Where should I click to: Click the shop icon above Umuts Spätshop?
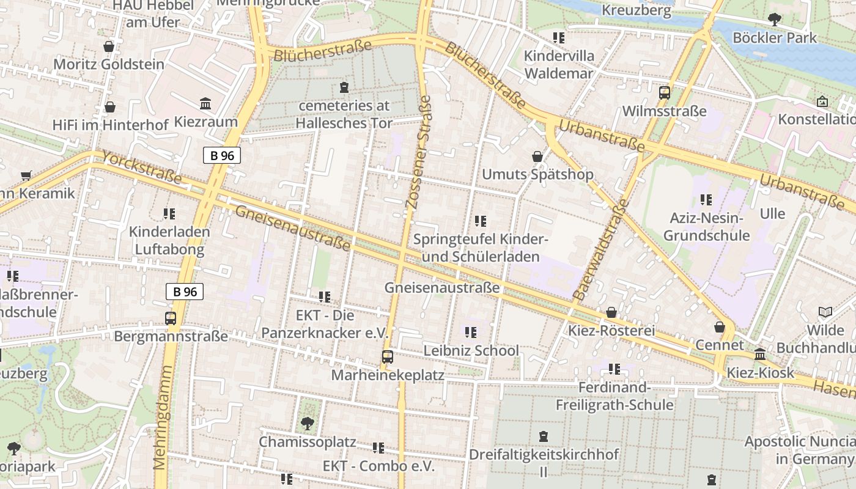coord(537,157)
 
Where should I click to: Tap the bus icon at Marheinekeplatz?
coord(387,357)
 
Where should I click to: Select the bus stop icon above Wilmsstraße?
coord(665,93)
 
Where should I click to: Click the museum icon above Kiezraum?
coord(205,104)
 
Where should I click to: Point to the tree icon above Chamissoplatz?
coord(307,423)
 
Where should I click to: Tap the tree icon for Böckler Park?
coord(774,20)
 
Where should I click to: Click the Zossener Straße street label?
coord(419,156)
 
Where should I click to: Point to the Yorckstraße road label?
coord(142,167)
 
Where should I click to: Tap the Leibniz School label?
coord(471,350)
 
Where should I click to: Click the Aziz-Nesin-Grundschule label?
coord(706,227)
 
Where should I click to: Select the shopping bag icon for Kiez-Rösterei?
coord(611,313)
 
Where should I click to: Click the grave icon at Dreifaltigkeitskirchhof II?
coord(543,436)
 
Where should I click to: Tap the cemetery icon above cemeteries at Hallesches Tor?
coord(344,87)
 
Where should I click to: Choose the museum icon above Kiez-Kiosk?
coord(760,355)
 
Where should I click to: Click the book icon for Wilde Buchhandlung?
coord(825,312)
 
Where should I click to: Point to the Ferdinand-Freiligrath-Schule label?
coord(614,396)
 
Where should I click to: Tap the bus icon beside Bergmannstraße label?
coord(171,318)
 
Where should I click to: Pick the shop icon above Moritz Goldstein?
coord(109,46)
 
